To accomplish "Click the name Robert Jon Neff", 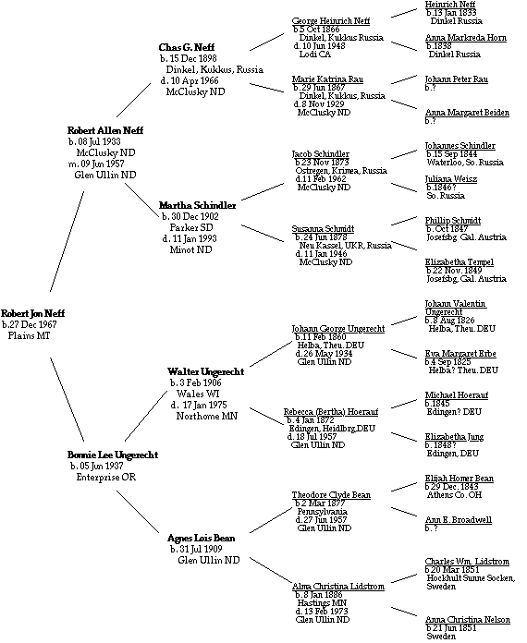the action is coord(33,314).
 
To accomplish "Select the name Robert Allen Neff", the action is coord(105,131).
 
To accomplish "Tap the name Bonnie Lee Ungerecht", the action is coord(113,455).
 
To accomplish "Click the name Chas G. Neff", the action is coord(187,47).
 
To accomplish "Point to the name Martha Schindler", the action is coord(198,205).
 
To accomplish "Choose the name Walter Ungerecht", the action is coord(206,372).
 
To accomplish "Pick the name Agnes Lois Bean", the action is coord(202,538).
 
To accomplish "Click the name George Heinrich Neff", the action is coord(331,21).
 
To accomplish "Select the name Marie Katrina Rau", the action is coord(327,79).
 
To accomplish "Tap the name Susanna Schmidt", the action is coord(323,229).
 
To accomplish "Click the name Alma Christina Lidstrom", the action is coord(338,587).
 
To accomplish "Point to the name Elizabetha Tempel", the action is coord(460,262).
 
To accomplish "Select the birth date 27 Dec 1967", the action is coord(33,325).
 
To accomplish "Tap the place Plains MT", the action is coord(30,336).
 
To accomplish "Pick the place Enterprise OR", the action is coord(106,478).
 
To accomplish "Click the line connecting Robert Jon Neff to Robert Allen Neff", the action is coord(67,241).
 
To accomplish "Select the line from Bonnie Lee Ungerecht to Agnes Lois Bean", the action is coord(138,512).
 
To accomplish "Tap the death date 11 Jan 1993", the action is coord(195,238).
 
